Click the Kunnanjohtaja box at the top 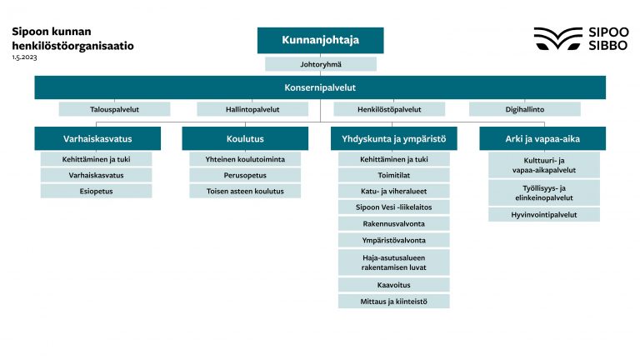[x=320, y=40]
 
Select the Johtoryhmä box [x=320, y=63]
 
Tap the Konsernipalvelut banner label [x=320, y=87]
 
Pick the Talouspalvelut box [x=114, y=109]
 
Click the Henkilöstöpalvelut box [x=389, y=109]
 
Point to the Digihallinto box [x=524, y=109]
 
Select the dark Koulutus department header [x=245, y=138]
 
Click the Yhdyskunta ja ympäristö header [x=393, y=138]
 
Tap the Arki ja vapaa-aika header [x=542, y=138]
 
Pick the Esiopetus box [x=97, y=191]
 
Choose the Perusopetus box [x=245, y=175]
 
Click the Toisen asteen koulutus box [x=245, y=191]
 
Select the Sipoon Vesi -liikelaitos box [x=393, y=207]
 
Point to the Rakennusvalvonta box [x=393, y=223]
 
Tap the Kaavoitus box [x=393, y=285]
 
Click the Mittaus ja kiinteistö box [x=393, y=301]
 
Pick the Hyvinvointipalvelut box [x=543, y=215]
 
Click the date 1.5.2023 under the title [x=24, y=57]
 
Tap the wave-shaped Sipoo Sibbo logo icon [x=557, y=38]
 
